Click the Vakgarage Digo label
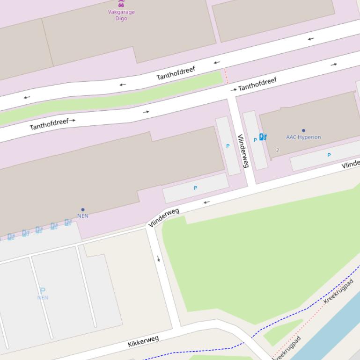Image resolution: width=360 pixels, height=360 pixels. (x=121, y=15)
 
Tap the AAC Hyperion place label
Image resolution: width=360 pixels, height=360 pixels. (x=303, y=137)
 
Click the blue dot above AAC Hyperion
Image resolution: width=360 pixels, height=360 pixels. (x=303, y=131)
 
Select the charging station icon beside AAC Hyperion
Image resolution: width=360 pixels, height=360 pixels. (x=263, y=137)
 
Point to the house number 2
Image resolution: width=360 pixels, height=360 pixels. (x=278, y=150)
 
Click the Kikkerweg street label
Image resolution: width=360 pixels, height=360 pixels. (x=143, y=341)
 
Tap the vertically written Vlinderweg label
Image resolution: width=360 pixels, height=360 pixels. (x=243, y=151)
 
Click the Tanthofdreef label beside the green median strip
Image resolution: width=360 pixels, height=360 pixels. (x=176, y=73)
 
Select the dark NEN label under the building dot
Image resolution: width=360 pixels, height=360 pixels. (x=83, y=216)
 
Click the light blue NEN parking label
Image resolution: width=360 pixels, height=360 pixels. (x=43, y=297)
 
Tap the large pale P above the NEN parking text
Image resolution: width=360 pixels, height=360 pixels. (x=43, y=291)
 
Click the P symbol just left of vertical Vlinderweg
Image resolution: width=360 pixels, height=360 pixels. (x=228, y=146)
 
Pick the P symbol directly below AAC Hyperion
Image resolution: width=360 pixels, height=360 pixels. (x=329, y=155)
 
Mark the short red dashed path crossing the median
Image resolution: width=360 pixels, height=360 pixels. (x=226, y=76)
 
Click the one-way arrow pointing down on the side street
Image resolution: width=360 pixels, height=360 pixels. (x=159, y=259)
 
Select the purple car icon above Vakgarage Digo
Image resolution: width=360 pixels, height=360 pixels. (x=121, y=3)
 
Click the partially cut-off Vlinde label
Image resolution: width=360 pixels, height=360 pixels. (x=351, y=164)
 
